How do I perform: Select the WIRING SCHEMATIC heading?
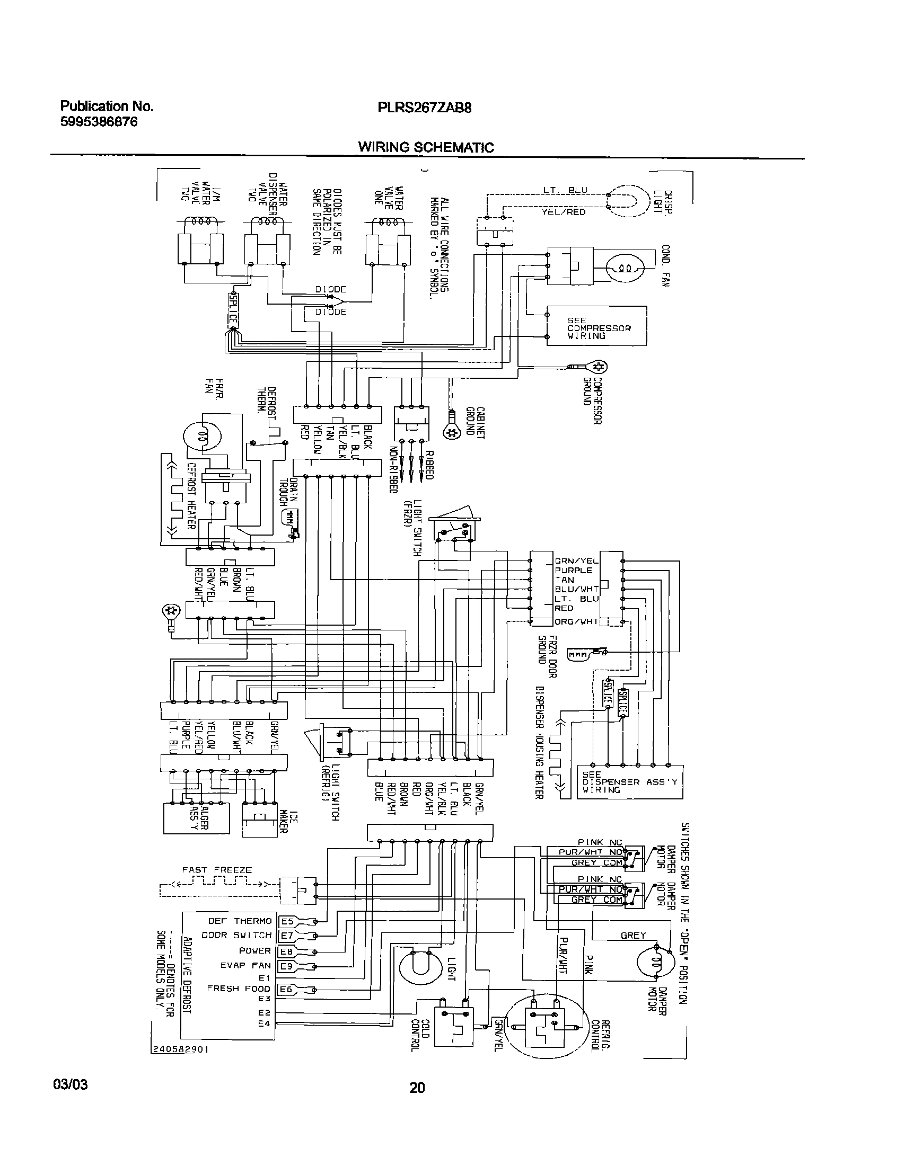coord(426,147)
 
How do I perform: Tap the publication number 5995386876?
coord(99,122)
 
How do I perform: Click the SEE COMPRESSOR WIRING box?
coord(596,326)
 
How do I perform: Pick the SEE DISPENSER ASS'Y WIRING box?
coord(629,782)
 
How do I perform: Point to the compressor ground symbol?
coord(599,367)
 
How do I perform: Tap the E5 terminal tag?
coord(286,921)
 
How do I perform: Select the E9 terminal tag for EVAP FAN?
coord(286,966)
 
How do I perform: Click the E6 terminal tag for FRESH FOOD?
coord(286,989)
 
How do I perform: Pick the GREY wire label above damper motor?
coord(633,936)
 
